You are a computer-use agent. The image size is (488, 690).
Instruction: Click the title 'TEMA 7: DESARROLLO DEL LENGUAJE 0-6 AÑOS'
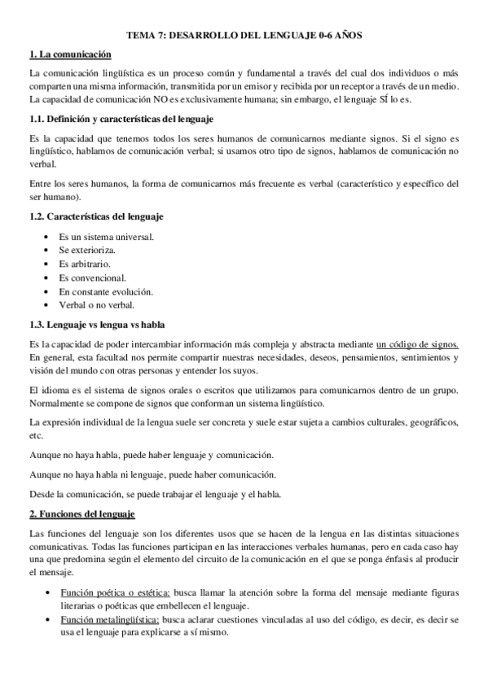click(x=244, y=37)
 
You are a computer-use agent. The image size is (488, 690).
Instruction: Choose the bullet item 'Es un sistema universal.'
click(x=107, y=237)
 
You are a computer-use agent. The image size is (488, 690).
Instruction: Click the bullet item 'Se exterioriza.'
click(x=90, y=251)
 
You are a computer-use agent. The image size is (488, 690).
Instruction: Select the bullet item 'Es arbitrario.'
click(x=86, y=264)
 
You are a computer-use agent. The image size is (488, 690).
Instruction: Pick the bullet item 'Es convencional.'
click(x=92, y=278)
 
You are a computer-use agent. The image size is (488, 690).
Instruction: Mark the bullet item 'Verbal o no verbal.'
click(x=97, y=305)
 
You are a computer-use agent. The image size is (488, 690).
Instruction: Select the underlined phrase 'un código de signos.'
click(x=417, y=344)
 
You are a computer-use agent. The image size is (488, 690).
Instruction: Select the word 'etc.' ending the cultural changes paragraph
click(x=36, y=435)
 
